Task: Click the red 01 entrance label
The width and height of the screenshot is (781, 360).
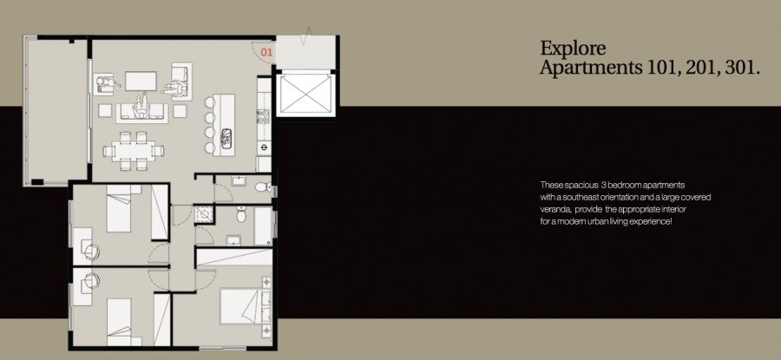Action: [266, 52]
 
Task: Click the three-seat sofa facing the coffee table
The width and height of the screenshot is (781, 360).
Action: [141, 108]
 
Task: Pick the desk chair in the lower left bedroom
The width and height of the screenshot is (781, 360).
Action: [94, 279]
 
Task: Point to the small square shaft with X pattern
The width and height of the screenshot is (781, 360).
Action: [204, 213]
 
